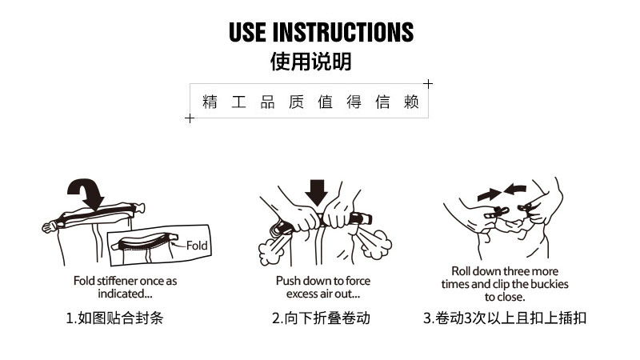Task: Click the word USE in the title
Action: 248,32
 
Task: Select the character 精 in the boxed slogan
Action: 210,102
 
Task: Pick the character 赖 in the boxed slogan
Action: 411,102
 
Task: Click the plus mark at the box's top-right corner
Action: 428,83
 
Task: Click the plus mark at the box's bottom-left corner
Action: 190,118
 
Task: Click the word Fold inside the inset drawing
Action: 197,246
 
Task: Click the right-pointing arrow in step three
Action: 488,194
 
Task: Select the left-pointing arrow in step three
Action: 514,190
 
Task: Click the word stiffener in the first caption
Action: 118,281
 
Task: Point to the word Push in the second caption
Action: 289,281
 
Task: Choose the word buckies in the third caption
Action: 551,284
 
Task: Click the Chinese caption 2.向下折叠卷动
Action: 321,318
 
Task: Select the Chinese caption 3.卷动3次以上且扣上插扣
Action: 504,318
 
